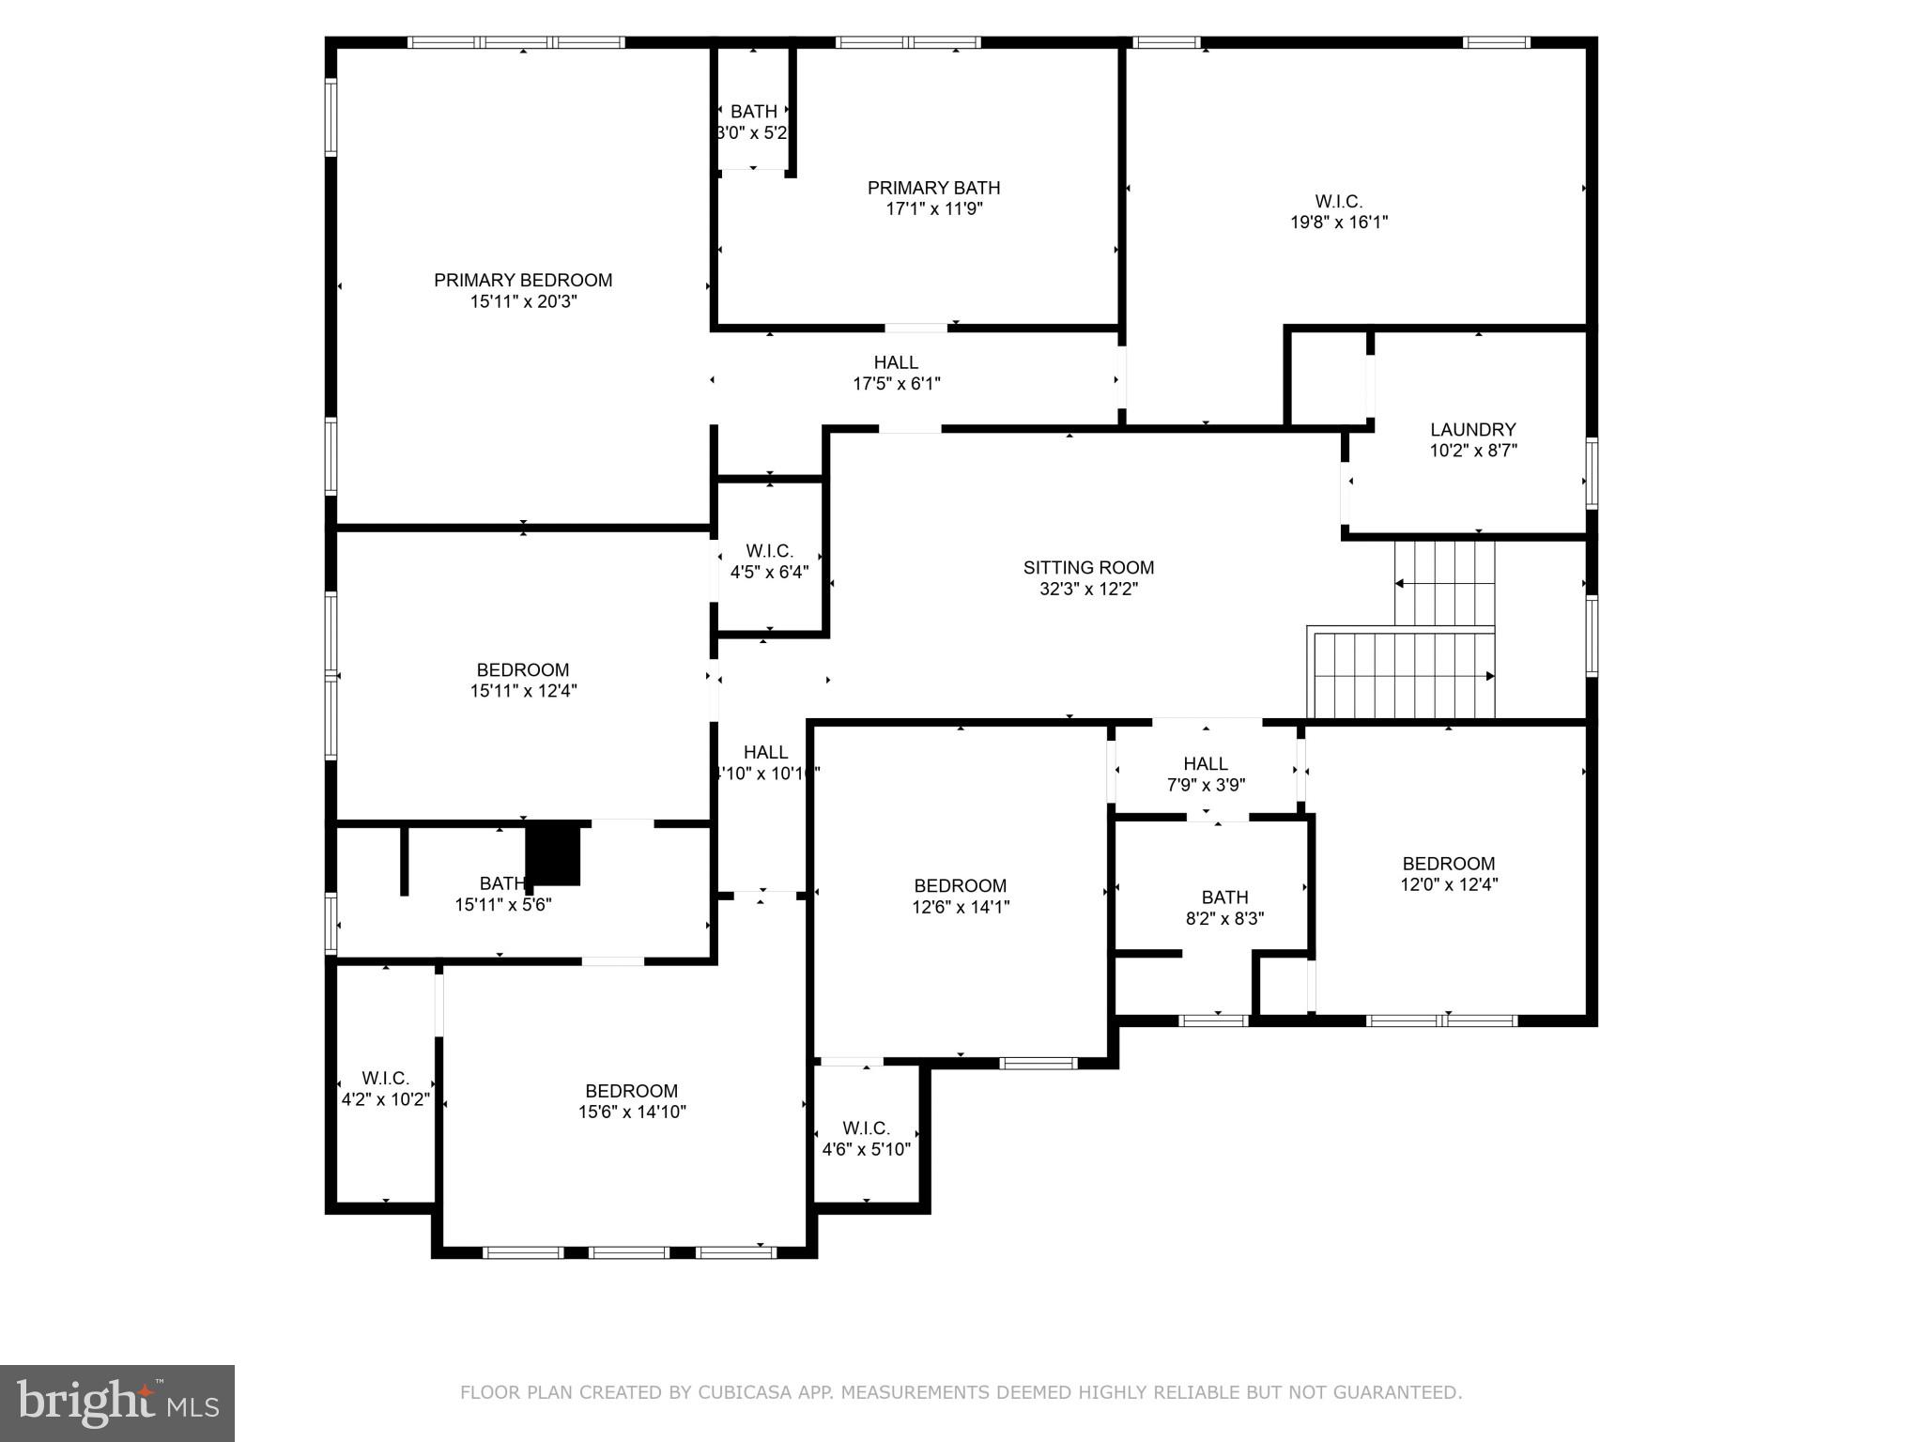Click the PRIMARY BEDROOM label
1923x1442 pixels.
pyautogui.click(x=523, y=280)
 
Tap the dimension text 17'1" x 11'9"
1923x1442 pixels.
pyautogui.click(x=933, y=209)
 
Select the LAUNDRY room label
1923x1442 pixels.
pyautogui.click(x=1472, y=429)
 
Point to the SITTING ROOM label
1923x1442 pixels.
pyautogui.click(x=1088, y=567)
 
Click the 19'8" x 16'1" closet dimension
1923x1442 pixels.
pyautogui.click(x=1338, y=222)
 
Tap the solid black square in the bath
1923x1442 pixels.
pyautogui.click(x=553, y=852)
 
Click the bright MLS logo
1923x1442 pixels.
pyautogui.click(x=117, y=1403)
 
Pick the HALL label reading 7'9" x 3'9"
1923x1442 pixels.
pyautogui.click(x=1206, y=763)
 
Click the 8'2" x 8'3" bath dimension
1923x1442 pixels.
pyautogui.click(x=1224, y=918)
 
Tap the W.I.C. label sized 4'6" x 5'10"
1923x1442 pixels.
pyautogui.click(x=866, y=1128)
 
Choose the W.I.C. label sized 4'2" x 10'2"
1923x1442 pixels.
pyautogui.click(x=385, y=1078)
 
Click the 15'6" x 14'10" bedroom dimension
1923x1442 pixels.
pyautogui.click(x=632, y=1112)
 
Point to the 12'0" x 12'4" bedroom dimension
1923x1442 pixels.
pyautogui.click(x=1449, y=884)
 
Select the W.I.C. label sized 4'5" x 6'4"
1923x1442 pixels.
pyautogui.click(x=769, y=551)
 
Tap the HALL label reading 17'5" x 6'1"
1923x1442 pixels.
pyautogui.click(x=896, y=362)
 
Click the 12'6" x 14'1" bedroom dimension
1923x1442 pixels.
pyautogui.click(x=960, y=907)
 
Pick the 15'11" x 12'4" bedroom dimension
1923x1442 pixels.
pyautogui.click(x=523, y=691)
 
